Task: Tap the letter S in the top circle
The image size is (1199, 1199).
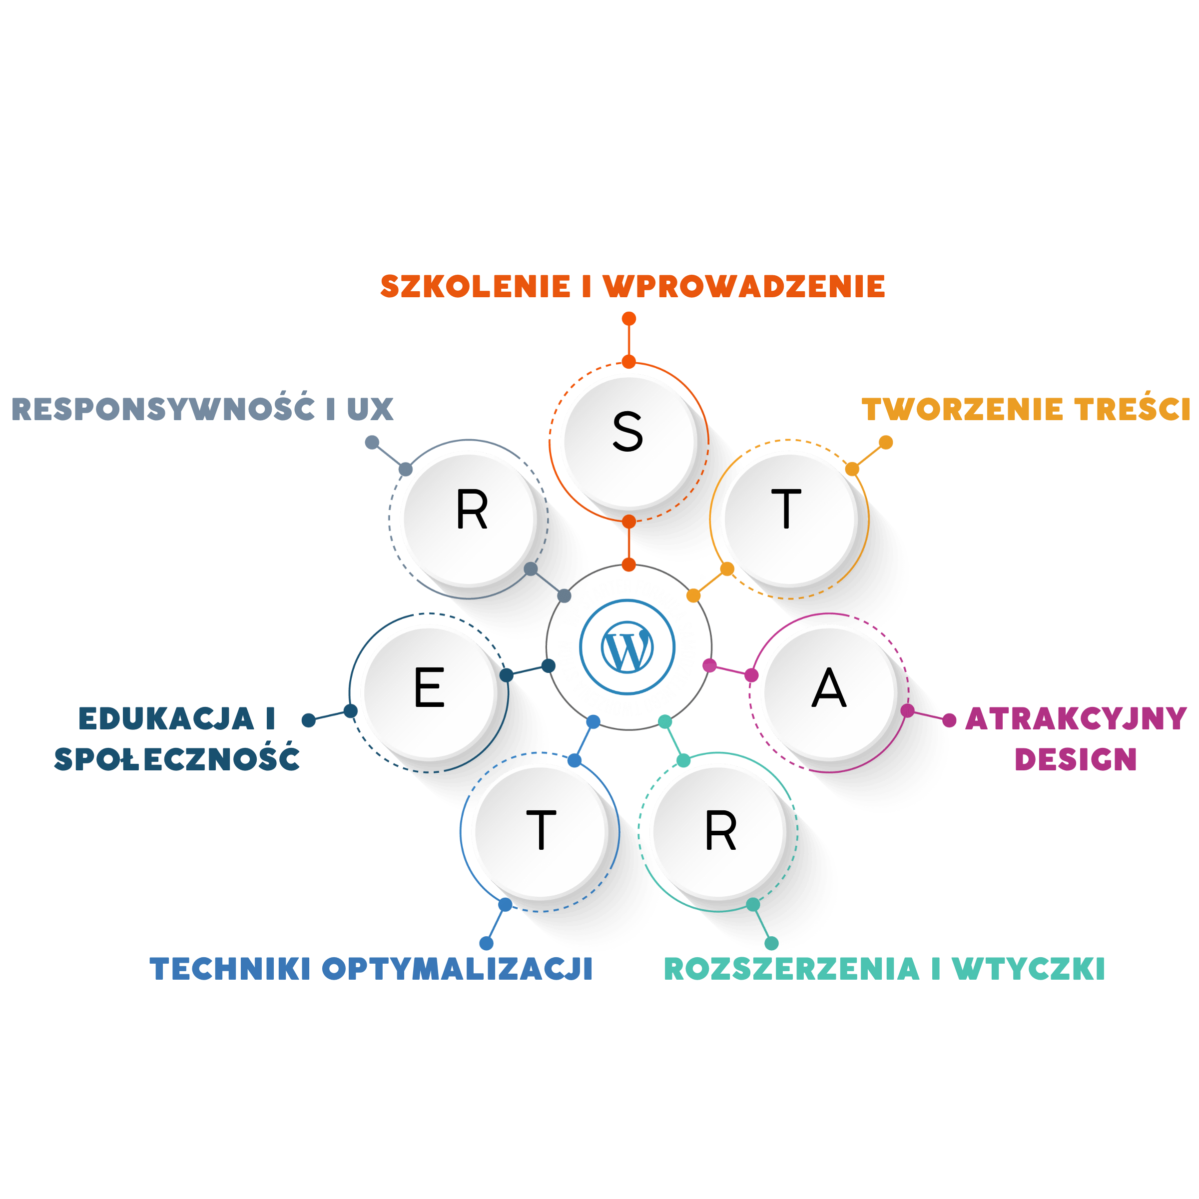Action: (x=627, y=432)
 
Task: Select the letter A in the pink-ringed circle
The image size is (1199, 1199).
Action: (x=828, y=688)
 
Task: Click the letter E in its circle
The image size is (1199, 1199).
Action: (x=430, y=687)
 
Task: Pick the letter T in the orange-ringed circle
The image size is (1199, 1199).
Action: (x=787, y=509)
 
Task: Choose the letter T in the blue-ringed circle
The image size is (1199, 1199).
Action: (x=541, y=830)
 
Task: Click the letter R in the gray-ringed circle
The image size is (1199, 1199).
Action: (x=472, y=510)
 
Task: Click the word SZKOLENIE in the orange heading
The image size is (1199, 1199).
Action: (x=475, y=286)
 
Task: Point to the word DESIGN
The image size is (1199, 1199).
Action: (x=1076, y=759)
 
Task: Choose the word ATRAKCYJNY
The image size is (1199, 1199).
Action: (x=1076, y=719)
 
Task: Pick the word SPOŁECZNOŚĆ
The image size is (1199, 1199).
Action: (x=177, y=758)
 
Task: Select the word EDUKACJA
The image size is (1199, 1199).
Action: (x=166, y=719)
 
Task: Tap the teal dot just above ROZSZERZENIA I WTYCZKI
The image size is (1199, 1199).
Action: (x=771, y=943)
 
